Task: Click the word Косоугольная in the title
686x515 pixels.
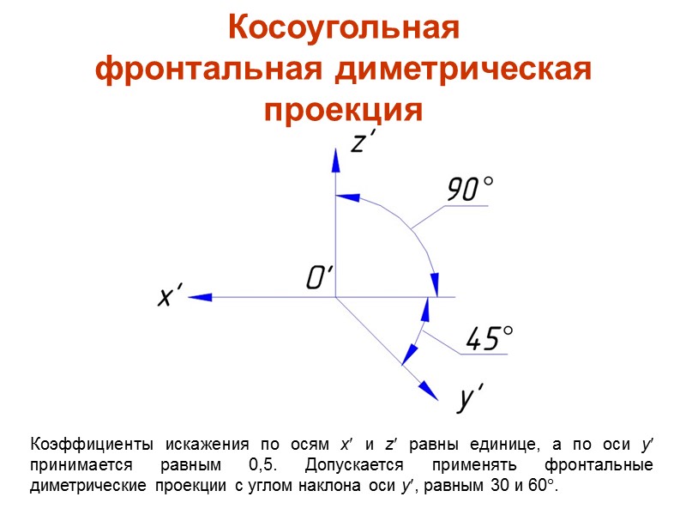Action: pos(344,28)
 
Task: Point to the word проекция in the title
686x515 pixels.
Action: pos(344,111)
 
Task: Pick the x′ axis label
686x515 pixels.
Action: pos(171,296)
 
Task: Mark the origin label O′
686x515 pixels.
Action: pos(318,276)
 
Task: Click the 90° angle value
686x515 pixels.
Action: pos(470,189)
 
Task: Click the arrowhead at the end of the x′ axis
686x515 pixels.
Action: pos(200,297)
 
